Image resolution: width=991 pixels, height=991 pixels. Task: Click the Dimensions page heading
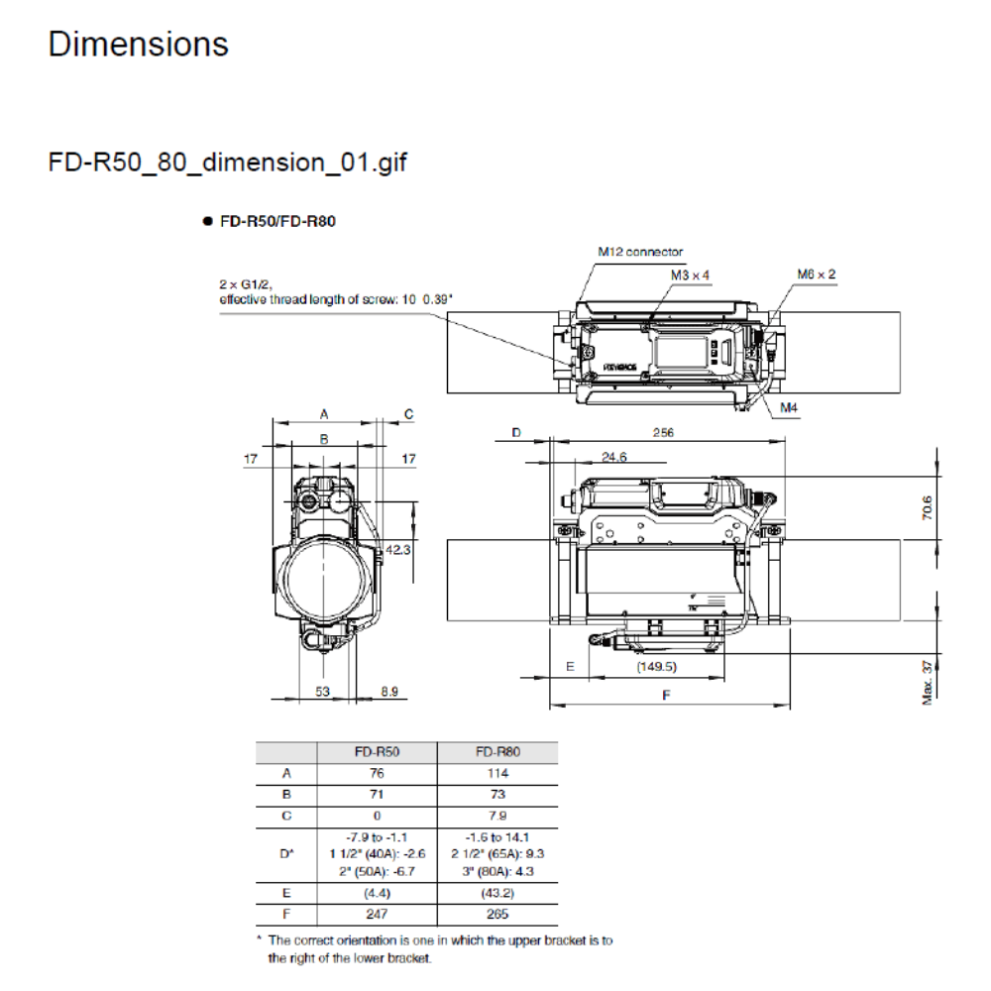pos(138,45)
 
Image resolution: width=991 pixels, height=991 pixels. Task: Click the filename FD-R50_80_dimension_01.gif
pos(227,163)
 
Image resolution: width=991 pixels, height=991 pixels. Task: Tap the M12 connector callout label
pos(639,252)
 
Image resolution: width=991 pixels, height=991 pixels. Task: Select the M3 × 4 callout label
pos(691,275)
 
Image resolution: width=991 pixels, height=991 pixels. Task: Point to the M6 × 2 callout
pos(816,274)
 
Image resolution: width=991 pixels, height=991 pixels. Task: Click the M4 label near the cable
pos(789,407)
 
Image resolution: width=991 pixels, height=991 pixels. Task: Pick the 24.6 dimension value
pos(614,457)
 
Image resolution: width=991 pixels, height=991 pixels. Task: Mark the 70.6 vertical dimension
pos(927,507)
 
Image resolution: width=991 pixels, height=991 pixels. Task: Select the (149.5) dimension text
pos(656,667)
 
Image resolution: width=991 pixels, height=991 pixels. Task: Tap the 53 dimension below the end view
pos(323,692)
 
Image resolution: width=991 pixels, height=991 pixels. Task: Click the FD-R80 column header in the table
pos(498,752)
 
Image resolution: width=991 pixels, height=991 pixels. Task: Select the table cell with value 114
pos(498,773)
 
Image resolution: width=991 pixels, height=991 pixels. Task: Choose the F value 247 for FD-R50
pos(377,914)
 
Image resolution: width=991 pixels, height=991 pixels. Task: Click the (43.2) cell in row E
pos(498,893)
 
